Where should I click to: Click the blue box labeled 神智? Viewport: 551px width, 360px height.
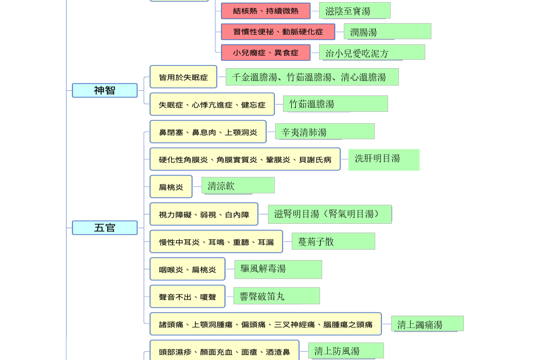[105, 90]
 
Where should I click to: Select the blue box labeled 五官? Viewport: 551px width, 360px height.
[105, 228]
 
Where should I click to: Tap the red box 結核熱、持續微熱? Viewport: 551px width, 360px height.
[265, 11]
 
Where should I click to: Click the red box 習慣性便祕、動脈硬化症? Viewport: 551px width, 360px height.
[278, 32]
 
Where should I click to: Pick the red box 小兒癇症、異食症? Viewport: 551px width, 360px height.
[265, 53]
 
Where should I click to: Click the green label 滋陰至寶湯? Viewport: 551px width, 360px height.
[355, 10]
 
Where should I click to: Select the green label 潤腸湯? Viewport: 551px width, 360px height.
[388, 31]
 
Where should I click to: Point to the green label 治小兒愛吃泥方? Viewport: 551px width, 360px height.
[372, 53]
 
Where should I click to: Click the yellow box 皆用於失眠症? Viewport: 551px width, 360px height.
[183, 77]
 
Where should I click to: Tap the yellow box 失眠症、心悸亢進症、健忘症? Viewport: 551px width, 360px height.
[212, 104]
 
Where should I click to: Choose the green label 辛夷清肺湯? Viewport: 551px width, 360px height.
[325, 132]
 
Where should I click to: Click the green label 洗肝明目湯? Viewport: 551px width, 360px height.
[384, 160]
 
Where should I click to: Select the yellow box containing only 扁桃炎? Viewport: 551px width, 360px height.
[171, 187]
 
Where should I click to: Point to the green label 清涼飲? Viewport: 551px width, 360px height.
[238, 185]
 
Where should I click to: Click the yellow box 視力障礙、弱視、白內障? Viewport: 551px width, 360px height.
[204, 214]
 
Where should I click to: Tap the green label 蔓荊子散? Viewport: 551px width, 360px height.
[333, 241]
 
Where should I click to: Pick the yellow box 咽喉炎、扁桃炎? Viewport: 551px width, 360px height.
[188, 269]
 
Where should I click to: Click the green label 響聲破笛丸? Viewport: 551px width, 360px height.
[277, 296]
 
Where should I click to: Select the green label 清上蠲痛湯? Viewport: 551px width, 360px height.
[428, 323]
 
